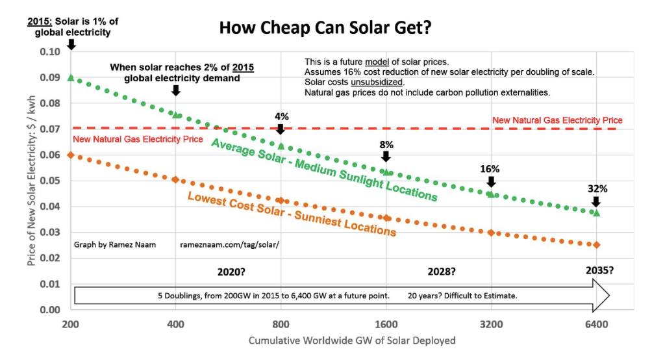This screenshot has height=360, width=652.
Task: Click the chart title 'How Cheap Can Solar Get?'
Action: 325,28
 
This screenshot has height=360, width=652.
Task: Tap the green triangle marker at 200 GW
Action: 71,77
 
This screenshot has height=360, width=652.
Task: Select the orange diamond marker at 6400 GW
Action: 596,245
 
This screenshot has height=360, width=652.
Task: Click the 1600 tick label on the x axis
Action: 386,324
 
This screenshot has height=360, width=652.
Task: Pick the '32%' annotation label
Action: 597,189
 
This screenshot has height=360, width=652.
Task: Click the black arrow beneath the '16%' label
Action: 491,182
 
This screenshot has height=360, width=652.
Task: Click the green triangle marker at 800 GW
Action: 281,146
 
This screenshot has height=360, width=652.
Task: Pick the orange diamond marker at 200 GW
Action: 71,155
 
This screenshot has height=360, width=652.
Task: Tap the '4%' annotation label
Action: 282,117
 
